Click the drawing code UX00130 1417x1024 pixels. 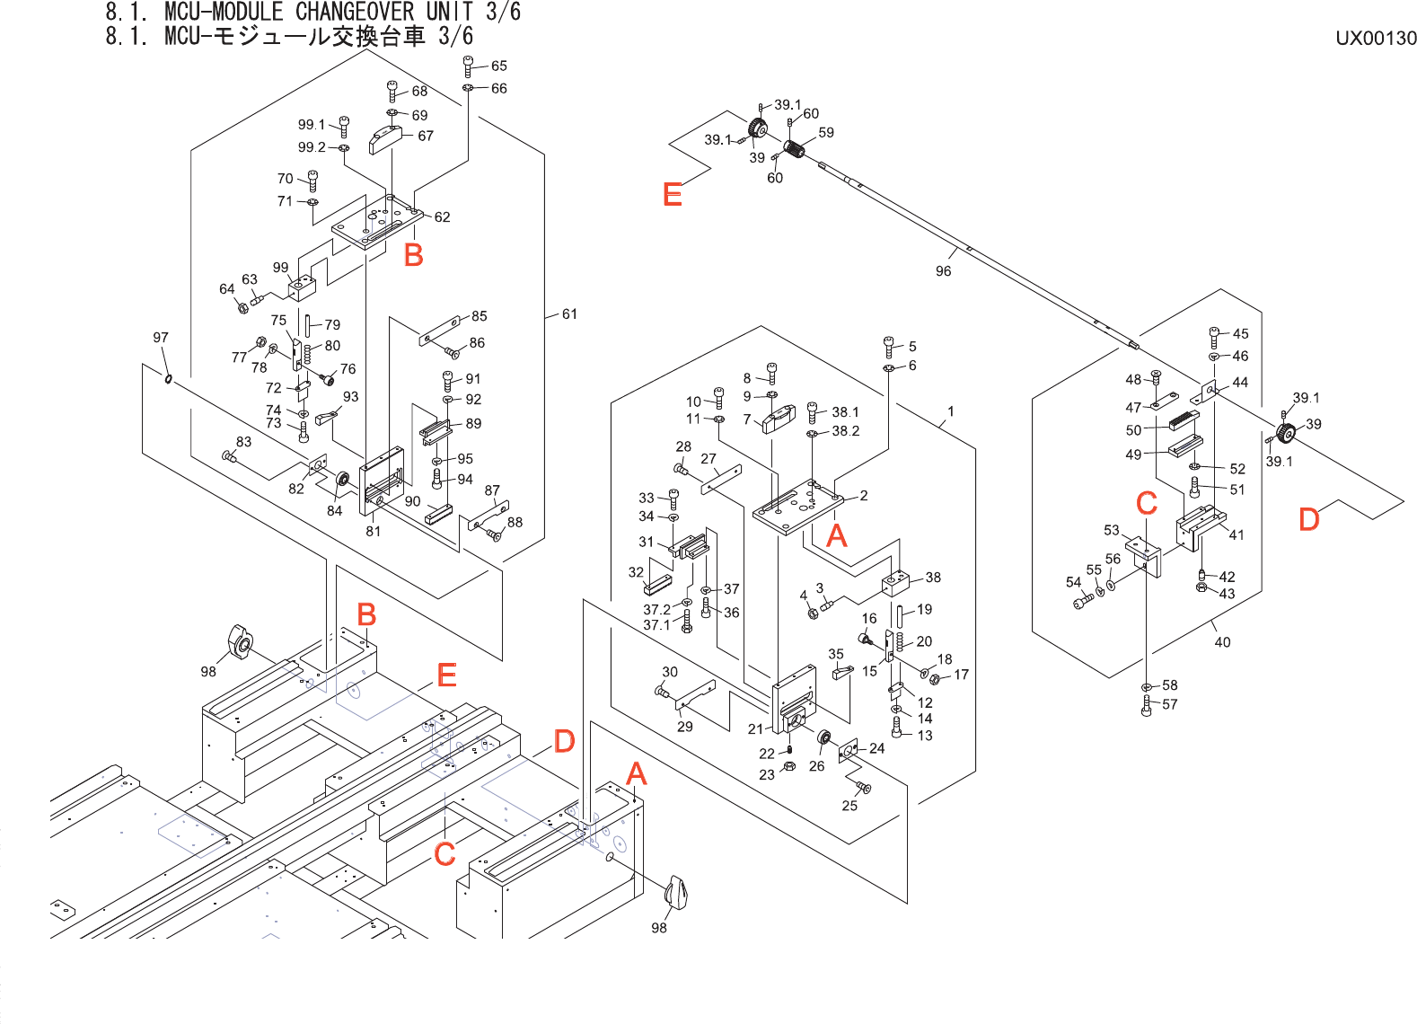click(1376, 39)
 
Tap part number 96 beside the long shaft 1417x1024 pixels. click(943, 271)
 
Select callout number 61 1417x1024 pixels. click(569, 314)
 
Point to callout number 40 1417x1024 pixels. click(1222, 642)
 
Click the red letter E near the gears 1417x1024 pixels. click(672, 195)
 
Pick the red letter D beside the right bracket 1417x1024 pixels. click(1308, 519)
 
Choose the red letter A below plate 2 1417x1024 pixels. click(836, 536)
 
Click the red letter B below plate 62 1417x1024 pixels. click(413, 256)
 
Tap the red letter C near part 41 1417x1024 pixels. click(1147, 503)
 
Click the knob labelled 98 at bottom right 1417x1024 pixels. click(677, 893)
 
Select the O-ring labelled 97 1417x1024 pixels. click(168, 378)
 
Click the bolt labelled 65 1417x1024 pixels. click(468, 66)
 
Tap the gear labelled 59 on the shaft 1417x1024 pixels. click(793, 148)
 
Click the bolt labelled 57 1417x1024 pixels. click(1146, 705)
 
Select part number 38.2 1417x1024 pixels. click(845, 431)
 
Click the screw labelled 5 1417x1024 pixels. click(889, 346)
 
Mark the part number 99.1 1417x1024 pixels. click(312, 125)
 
